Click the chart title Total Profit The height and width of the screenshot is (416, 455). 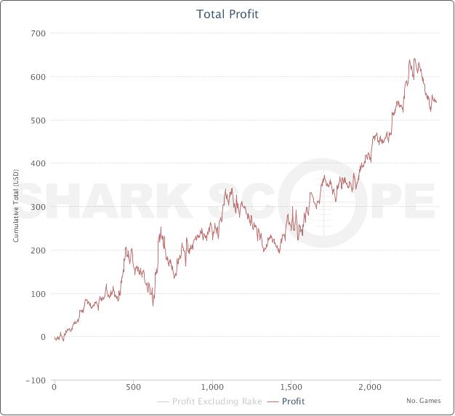click(x=227, y=14)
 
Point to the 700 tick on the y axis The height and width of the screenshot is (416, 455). click(x=37, y=33)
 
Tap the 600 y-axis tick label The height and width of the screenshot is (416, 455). click(x=37, y=77)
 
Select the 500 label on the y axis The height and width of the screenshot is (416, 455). click(x=37, y=120)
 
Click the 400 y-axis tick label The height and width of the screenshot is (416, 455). click(x=37, y=163)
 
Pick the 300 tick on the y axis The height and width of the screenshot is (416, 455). click(x=37, y=207)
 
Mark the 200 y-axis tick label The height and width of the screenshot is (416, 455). click(x=37, y=250)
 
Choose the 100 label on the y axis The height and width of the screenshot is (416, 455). click(x=37, y=294)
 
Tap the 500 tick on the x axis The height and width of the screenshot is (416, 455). click(x=133, y=387)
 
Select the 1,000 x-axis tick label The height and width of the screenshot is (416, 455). click(x=212, y=387)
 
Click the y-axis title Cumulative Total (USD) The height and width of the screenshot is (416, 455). click(x=15, y=206)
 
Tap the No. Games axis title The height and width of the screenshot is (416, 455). click(x=422, y=400)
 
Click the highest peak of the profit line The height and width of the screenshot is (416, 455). click(x=414, y=60)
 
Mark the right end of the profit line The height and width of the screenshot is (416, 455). click(x=436, y=102)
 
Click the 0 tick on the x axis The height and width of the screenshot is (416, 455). click(x=55, y=387)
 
